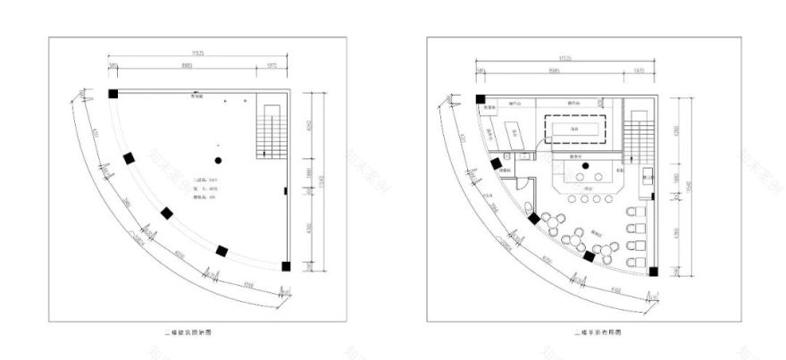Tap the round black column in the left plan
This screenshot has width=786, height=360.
click(218, 160)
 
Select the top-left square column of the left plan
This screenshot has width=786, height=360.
click(113, 94)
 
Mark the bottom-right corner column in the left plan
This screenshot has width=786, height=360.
click(285, 265)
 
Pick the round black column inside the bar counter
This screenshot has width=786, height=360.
click(585, 165)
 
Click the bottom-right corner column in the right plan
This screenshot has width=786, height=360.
click(653, 271)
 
